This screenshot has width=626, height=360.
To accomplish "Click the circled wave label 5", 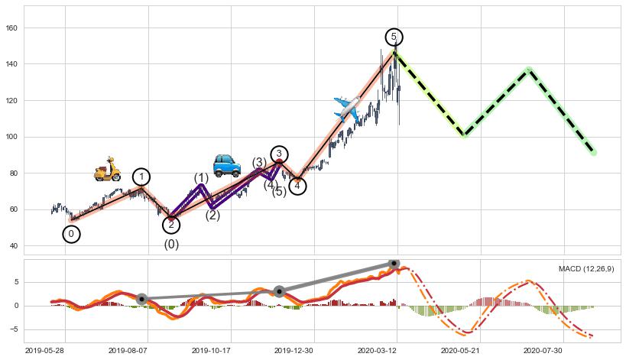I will [394, 37].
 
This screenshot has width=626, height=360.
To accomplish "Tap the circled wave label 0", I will [71, 234].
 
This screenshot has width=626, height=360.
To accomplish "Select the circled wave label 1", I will [141, 177].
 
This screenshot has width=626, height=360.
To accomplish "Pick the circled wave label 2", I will [171, 225].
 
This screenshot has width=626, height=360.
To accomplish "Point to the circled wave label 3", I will [279, 154].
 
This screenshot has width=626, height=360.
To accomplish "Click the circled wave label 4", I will [297, 186].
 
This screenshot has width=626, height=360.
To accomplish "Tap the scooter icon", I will [107, 169].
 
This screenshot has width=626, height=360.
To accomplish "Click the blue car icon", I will [226, 164].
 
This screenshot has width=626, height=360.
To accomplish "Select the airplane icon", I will [347, 107].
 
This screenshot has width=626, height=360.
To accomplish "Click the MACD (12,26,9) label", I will [585, 269].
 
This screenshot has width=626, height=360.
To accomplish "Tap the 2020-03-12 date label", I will [394, 351].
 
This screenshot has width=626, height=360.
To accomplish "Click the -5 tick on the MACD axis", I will [15, 330].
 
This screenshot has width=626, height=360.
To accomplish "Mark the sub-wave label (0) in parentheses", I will [171, 245].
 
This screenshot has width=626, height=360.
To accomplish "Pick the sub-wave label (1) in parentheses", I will [201, 178].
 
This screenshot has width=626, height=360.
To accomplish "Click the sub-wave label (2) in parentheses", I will [212, 216].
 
